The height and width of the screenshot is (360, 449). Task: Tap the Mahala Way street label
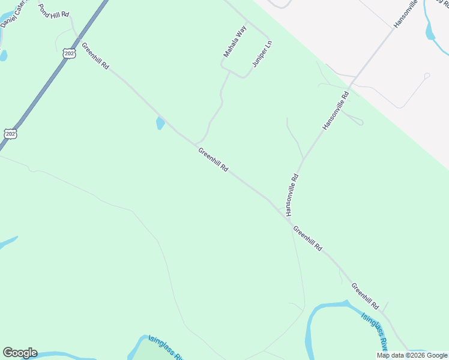tap(235, 42)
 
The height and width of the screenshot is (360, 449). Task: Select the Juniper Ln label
tap(262, 54)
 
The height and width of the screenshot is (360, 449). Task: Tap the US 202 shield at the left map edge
tap(10, 133)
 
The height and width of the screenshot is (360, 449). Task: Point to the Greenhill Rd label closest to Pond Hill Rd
tap(95, 56)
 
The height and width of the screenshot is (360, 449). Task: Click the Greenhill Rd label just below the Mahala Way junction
tap(213, 161)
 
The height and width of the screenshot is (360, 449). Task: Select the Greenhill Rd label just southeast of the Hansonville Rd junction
tap(308, 238)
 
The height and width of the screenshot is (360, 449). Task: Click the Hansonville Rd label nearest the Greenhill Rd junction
tap(292, 195)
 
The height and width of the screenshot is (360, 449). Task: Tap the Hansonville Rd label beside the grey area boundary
tap(336, 111)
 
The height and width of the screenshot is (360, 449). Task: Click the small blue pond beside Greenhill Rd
tap(160, 124)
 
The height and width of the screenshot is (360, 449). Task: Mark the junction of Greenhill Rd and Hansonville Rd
tap(284, 211)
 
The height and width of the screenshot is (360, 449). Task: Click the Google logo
tap(20, 353)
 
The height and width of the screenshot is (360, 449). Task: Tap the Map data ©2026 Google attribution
tap(412, 355)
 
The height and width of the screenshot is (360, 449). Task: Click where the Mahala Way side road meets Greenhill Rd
tap(196, 144)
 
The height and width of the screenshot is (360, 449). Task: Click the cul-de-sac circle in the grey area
tap(426, 76)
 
